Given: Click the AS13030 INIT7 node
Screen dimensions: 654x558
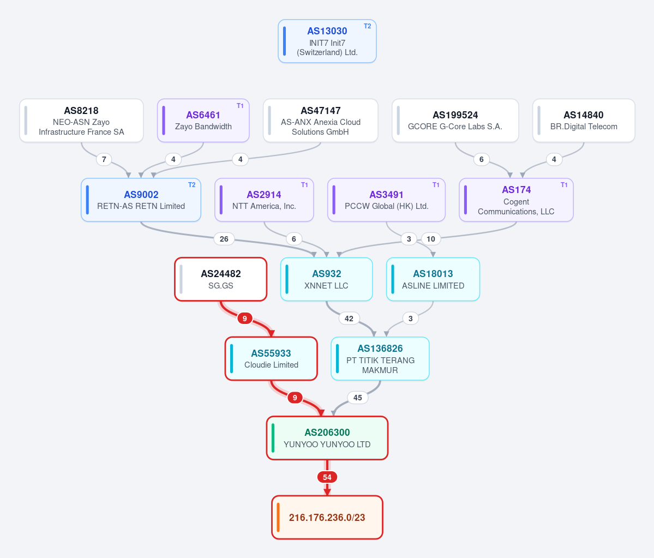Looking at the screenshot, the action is point(327,41).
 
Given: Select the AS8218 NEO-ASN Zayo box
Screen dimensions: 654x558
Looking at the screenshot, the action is point(81,121).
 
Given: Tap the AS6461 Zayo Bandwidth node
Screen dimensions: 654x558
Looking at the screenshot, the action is point(203,121).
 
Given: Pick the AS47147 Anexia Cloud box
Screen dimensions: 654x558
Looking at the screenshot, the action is point(320,121).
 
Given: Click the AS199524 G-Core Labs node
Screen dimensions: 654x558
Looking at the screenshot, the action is point(455,121).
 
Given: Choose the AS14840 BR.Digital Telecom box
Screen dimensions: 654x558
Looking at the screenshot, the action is point(584,121).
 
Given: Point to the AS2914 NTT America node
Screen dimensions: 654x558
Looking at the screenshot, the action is point(264,200).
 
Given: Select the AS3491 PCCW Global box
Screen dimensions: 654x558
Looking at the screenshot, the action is point(386,200).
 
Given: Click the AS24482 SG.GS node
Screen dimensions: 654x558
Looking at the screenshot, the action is point(221,279).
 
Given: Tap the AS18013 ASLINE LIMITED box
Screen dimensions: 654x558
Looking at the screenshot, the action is point(433,279).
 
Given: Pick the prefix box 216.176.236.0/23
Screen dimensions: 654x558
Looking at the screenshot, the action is point(327,518).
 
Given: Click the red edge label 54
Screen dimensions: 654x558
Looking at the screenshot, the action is point(327,477).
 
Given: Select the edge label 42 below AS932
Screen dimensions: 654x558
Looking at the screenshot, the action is point(349,319).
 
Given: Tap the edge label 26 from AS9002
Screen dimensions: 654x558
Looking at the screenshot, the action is point(224,239).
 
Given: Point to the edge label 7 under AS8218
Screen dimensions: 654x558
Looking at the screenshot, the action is point(104,159).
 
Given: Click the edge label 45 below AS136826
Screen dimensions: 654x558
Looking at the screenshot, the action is point(357,398).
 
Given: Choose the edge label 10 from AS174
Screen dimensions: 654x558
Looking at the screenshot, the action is point(431,239).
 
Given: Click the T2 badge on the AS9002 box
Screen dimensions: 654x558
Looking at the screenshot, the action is point(192,185).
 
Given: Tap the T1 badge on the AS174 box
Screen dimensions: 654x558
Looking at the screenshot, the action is point(564,185).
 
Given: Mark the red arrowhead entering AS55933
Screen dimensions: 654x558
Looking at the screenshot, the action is point(272,333).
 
